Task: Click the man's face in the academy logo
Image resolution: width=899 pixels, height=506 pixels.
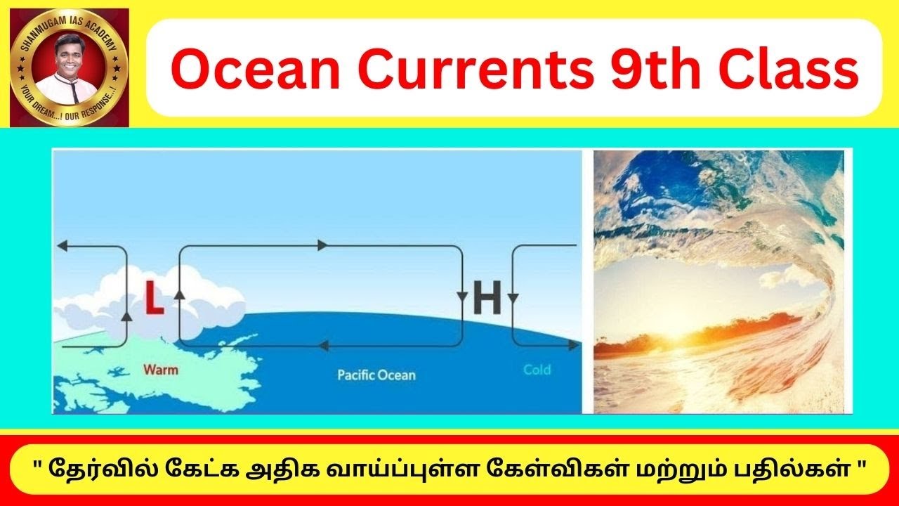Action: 68,61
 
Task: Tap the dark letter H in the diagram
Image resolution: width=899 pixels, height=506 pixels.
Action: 487,298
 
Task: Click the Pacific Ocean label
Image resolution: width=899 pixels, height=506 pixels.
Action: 376,375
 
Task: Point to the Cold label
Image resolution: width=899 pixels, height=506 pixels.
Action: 537,370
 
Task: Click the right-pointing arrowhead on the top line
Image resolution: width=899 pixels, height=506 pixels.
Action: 322,245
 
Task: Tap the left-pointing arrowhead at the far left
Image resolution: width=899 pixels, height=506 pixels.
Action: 61,246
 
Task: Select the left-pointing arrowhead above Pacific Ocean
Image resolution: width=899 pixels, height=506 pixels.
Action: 322,345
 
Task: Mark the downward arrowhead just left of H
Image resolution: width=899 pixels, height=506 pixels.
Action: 462,296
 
